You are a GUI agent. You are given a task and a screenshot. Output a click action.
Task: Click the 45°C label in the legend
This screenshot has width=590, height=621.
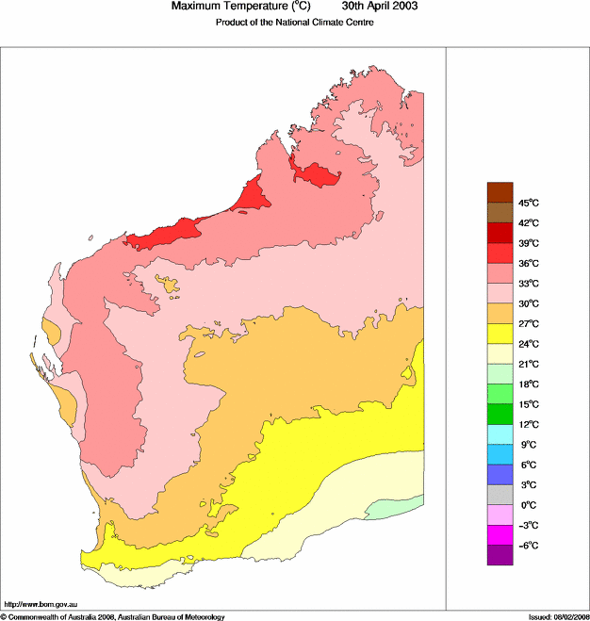(x=527, y=203)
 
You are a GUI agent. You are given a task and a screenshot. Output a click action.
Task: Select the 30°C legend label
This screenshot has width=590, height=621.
(x=527, y=303)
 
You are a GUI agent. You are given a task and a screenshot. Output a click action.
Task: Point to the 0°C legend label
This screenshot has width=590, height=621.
(x=527, y=505)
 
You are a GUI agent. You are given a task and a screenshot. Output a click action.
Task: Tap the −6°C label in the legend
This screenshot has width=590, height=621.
(x=527, y=546)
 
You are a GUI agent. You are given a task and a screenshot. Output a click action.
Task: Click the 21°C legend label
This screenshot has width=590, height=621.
(x=527, y=364)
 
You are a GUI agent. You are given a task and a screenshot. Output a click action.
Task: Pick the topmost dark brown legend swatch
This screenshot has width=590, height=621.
(x=500, y=192)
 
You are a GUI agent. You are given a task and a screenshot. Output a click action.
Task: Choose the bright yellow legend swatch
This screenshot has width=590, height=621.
(x=500, y=334)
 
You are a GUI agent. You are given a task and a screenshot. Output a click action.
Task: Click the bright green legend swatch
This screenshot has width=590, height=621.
(x=500, y=414)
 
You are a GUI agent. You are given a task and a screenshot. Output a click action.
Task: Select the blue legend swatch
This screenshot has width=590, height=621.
(x=500, y=475)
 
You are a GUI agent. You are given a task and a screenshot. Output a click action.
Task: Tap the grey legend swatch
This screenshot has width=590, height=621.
(x=500, y=495)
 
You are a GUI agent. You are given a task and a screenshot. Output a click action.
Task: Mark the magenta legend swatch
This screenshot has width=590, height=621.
(x=500, y=535)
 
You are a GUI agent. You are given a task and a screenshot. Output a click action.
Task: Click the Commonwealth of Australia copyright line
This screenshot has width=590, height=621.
(x=113, y=616)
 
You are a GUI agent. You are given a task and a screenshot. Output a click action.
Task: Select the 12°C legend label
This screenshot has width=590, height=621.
(x=527, y=424)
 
